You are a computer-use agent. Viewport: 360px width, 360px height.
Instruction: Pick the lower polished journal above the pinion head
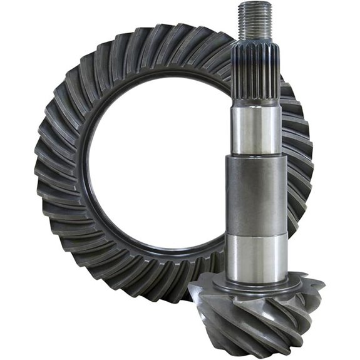point(256,257)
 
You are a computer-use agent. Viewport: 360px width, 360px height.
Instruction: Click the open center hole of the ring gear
point(157,157)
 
